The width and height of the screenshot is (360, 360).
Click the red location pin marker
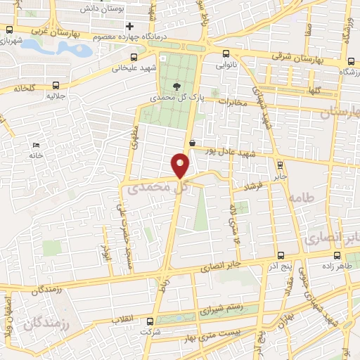[x=181, y=166]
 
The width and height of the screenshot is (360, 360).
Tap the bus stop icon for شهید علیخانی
[x=133, y=59]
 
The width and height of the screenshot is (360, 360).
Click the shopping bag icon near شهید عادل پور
[x=192, y=143]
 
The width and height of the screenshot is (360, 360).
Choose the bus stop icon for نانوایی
[x=225, y=53]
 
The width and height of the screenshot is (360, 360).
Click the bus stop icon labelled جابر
[x=281, y=165]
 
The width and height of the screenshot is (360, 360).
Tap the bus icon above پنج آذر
[x=280, y=257]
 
